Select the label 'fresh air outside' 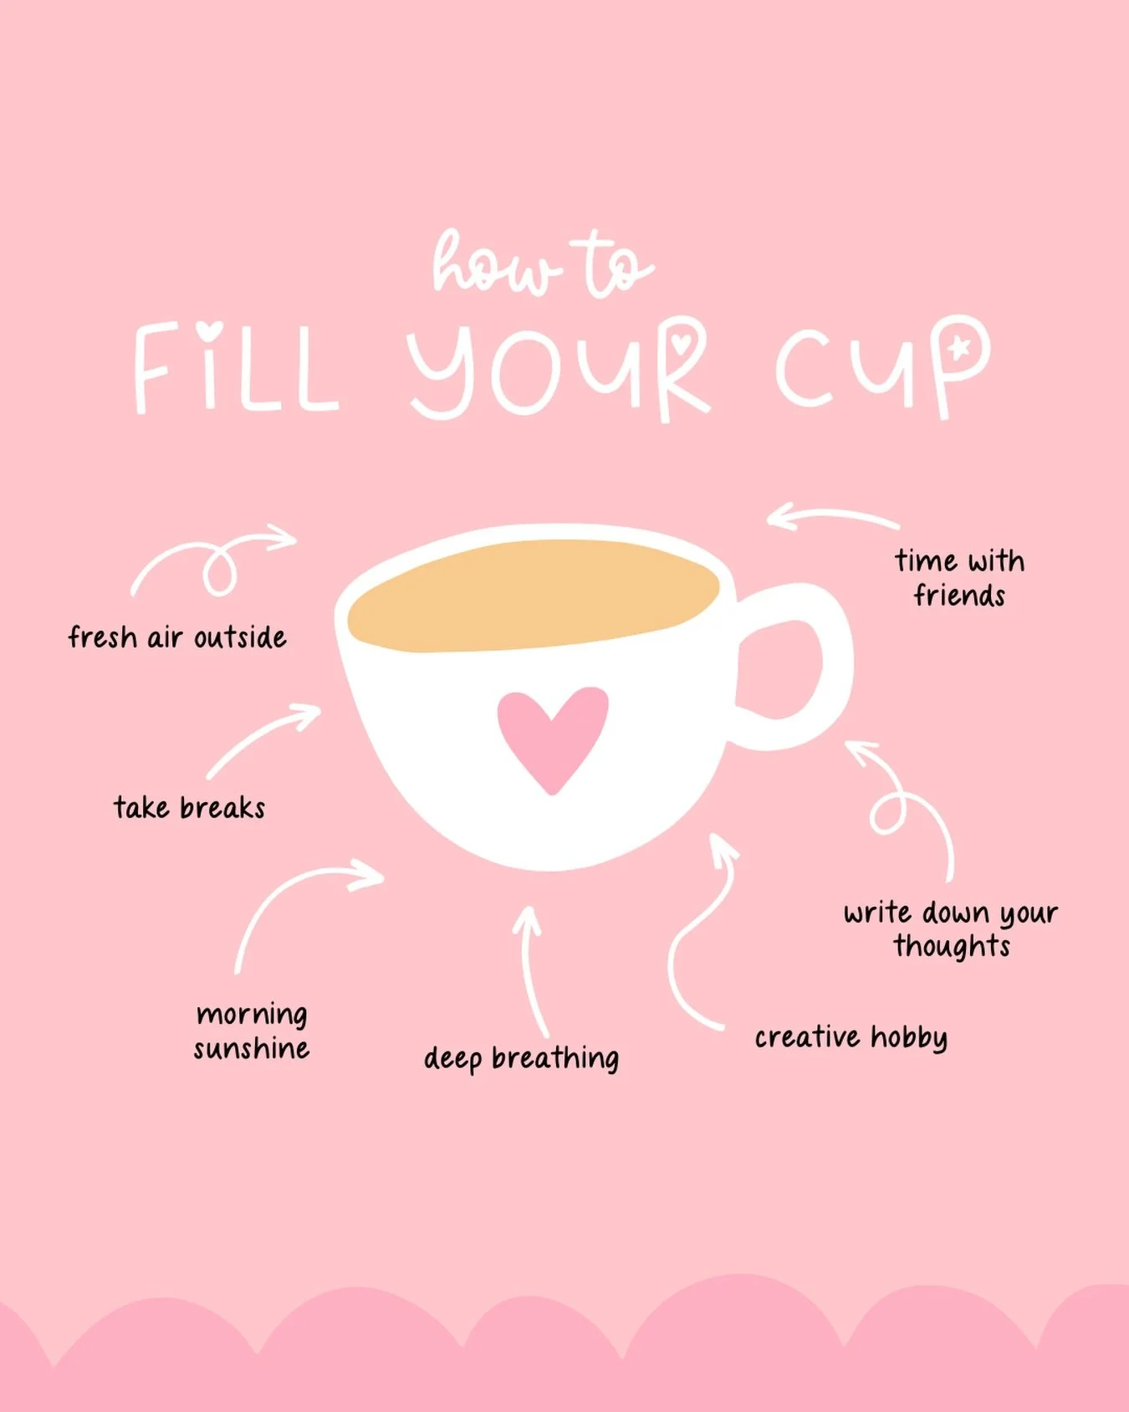point(177,637)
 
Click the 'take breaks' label point(190,808)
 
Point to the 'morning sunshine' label point(252,1031)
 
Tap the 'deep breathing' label point(521,1058)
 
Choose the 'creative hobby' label point(851,1037)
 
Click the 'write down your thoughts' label point(951,929)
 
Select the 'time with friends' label point(959,578)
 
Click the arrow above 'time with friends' point(832,517)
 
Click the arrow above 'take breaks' point(263,740)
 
